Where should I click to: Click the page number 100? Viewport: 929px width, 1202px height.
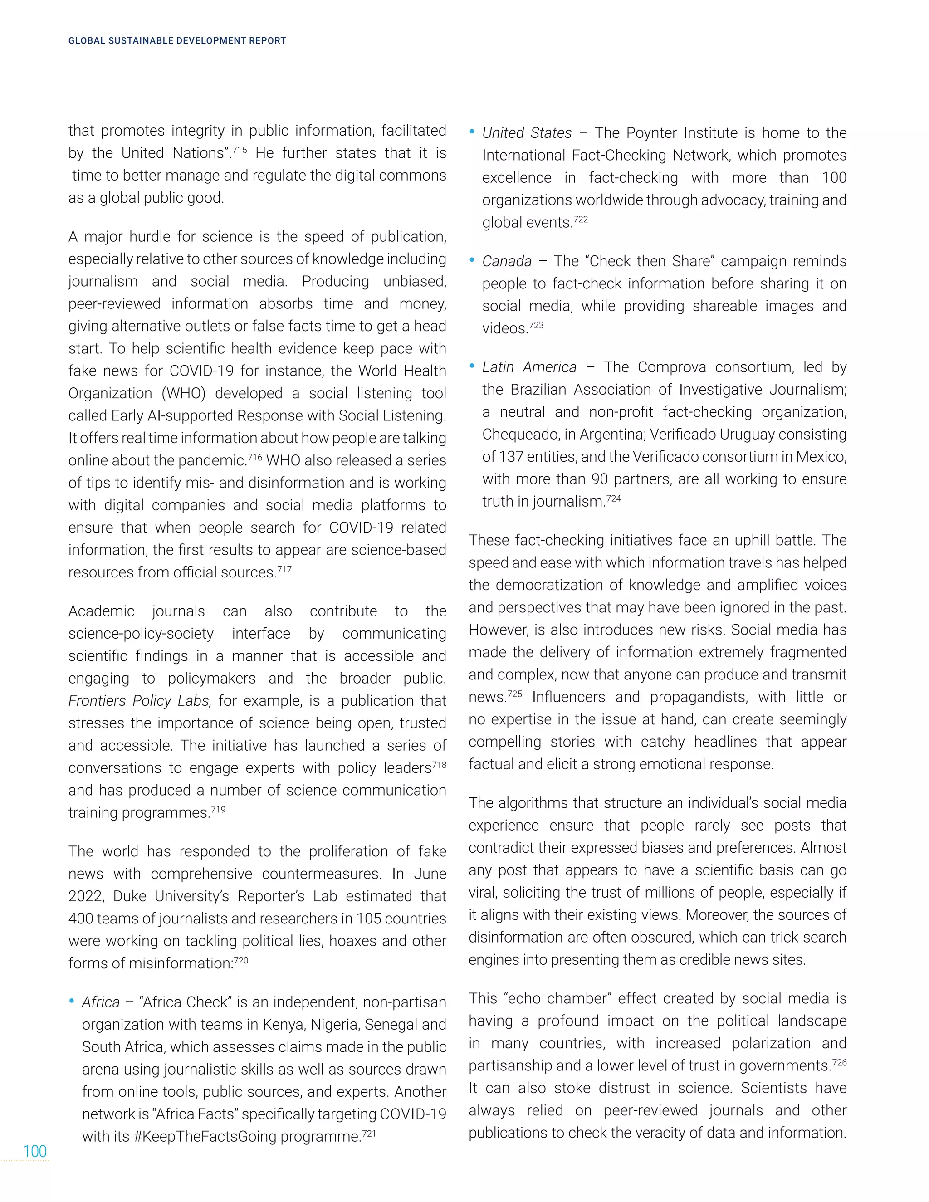coord(34,1151)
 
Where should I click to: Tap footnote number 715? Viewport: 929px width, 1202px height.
coord(239,150)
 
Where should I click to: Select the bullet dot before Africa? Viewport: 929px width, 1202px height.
coord(72,1001)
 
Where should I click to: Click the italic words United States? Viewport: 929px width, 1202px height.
coord(527,133)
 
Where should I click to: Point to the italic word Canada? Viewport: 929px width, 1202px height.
coord(506,261)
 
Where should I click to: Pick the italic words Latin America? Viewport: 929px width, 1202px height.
coord(529,368)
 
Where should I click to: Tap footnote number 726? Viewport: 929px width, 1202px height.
coord(839,1062)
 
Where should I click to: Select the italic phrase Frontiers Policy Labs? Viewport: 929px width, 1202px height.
coord(139,701)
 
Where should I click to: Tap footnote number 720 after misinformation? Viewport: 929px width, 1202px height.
coord(241,960)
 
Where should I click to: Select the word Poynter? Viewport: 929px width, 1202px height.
coord(652,133)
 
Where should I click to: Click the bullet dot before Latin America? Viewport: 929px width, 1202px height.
coord(472,366)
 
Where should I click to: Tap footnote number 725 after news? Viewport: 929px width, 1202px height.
coord(514,694)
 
